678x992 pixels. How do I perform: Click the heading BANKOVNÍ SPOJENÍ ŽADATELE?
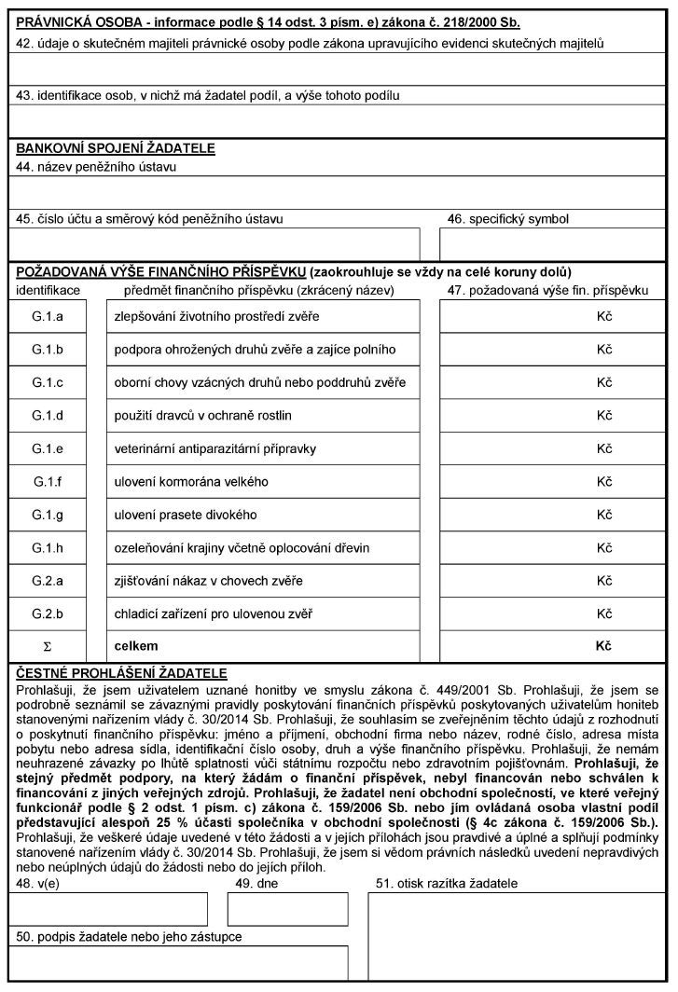click(116, 148)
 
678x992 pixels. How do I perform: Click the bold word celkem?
click(136, 646)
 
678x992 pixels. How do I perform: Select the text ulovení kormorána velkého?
click(191, 482)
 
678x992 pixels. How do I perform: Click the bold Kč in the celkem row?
click(602, 646)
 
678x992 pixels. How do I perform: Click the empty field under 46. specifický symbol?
click(554, 244)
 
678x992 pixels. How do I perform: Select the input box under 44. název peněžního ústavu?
click(338, 191)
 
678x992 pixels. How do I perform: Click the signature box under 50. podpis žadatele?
click(182, 963)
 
